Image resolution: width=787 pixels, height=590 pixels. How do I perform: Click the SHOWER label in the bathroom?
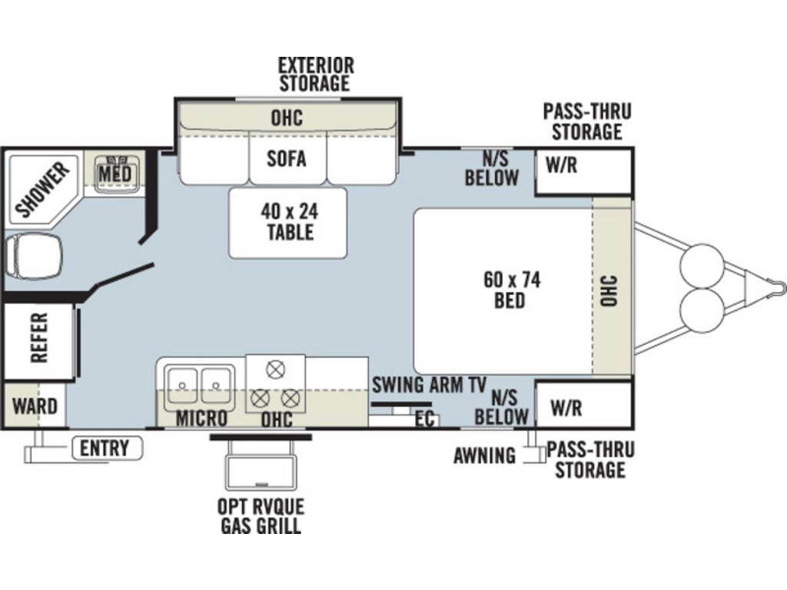tap(42, 189)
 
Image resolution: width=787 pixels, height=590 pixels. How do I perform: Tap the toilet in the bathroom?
tap(33, 255)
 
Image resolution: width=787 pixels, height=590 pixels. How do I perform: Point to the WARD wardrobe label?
tap(35, 406)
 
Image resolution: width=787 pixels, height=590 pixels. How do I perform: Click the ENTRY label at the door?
tap(105, 448)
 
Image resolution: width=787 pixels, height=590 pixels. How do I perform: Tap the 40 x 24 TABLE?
tap(288, 223)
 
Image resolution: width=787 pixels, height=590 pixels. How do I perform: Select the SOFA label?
tap(286, 158)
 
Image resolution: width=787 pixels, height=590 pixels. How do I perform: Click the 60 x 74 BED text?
tap(511, 290)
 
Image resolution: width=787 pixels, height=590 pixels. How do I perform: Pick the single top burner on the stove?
tap(275, 370)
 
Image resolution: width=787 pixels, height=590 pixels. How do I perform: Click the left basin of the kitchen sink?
tap(181, 386)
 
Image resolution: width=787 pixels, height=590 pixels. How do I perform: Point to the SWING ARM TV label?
tap(429, 385)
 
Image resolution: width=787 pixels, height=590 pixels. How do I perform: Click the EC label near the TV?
tap(424, 419)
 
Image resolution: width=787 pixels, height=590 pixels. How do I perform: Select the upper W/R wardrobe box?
tap(583, 171)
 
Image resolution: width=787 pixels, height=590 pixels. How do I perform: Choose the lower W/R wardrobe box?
tap(583, 405)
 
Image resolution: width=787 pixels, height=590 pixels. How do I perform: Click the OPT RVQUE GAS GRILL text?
tap(261, 516)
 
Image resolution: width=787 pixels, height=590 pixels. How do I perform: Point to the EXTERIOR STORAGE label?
tap(316, 75)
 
